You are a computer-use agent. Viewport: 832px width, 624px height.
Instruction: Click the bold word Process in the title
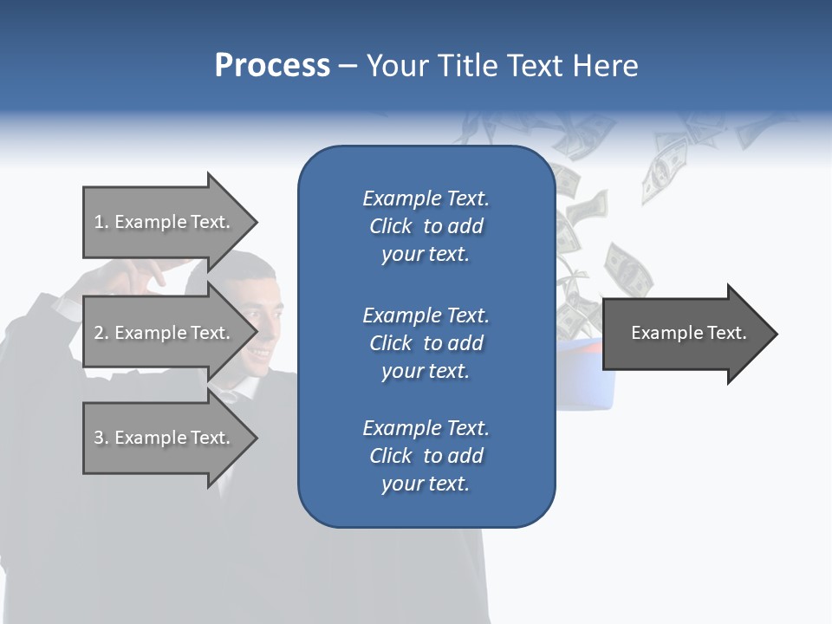pyautogui.click(x=272, y=66)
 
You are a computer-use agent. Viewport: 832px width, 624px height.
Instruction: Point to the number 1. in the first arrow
pyautogui.click(x=101, y=222)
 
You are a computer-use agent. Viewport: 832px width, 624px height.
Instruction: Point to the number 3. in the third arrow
pyautogui.click(x=101, y=438)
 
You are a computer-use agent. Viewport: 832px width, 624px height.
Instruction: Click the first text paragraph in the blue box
pyautogui.click(x=426, y=226)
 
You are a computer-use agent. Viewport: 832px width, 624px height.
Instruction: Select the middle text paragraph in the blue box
pyautogui.click(x=426, y=342)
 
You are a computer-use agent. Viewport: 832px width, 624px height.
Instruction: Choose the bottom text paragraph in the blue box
pyautogui.click(x=426, y=456)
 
